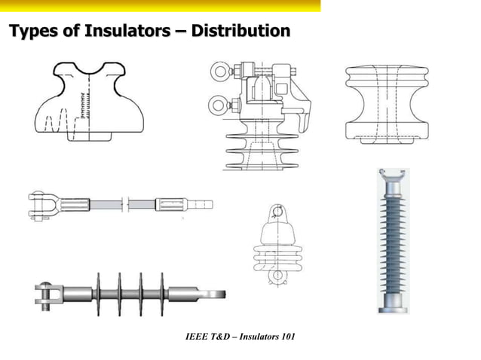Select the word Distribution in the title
pyautogui.click(x=240, y=32)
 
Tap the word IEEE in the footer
pyautogui.click(x=198, y=334)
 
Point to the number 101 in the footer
pyautogui.click(x=285, y=334)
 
